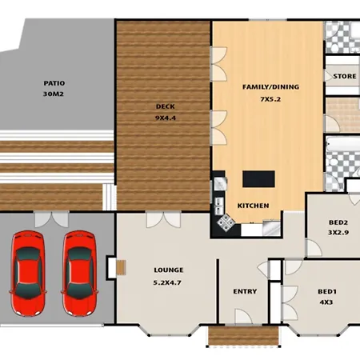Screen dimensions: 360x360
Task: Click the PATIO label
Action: [54, 83]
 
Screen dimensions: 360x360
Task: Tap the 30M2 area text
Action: [54, 94]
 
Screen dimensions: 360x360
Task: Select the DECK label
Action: [166, 106]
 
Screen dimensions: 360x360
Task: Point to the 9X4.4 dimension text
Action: [166, 118]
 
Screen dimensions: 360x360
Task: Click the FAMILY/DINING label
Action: [270, 87]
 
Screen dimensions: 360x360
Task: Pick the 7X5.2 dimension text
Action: [270, 99]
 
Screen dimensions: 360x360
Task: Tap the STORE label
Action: [345, 76]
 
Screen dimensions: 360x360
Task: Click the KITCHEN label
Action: [253, 206]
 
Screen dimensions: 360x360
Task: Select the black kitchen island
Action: [258, 179]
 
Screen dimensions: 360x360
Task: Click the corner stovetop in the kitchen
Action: [226, 222]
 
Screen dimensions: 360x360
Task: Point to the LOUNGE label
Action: [169, 270]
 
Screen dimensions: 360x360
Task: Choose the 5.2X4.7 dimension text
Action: [167, 282]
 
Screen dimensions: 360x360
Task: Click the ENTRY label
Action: [245, 291]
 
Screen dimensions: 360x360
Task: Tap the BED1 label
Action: [327, 292]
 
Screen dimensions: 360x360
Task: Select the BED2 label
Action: [338, 222]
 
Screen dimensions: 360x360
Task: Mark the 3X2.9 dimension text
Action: [338, 233]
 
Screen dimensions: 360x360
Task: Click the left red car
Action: [28, 274]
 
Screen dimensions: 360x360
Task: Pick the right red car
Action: [80, 274]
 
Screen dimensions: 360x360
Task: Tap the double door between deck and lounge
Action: [164, 219]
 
